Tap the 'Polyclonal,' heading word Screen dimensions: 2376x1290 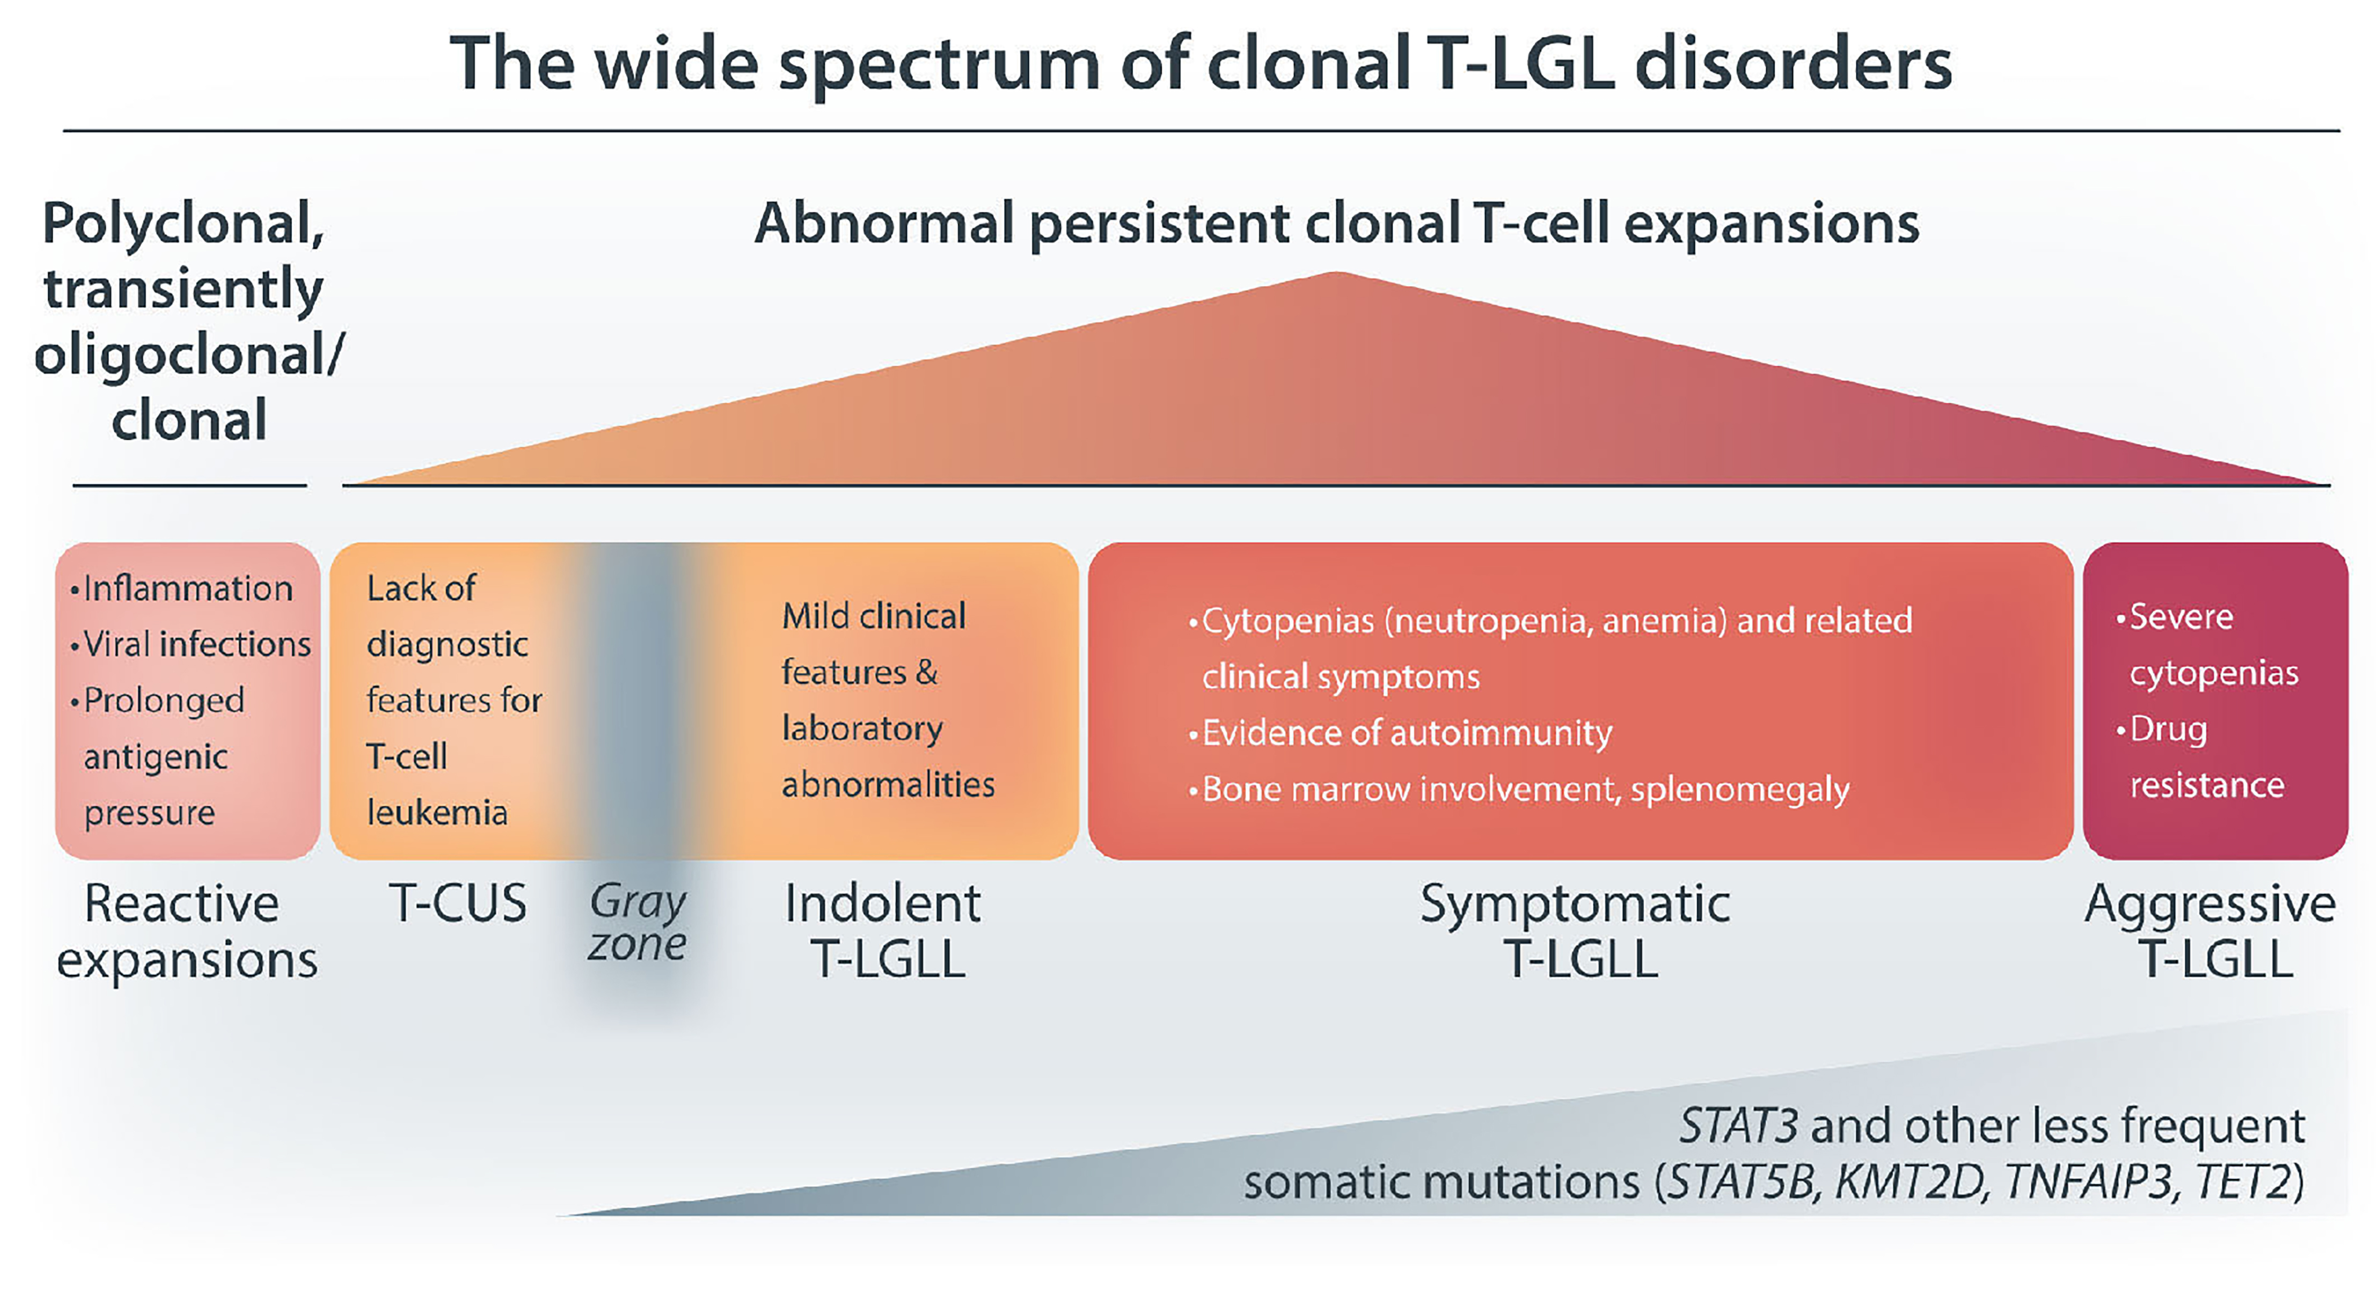point(184,224)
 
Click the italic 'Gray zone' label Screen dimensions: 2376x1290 point(638,922)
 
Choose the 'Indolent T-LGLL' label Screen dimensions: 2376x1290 point(883,931)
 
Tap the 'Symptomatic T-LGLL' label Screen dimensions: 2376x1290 point(1575,931)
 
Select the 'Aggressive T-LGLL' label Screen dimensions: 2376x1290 point(2211,931)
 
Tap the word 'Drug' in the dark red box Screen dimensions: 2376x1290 point(2168,729)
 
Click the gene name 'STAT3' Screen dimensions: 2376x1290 point(1738,1126)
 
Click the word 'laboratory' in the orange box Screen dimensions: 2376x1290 point(862,728)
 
